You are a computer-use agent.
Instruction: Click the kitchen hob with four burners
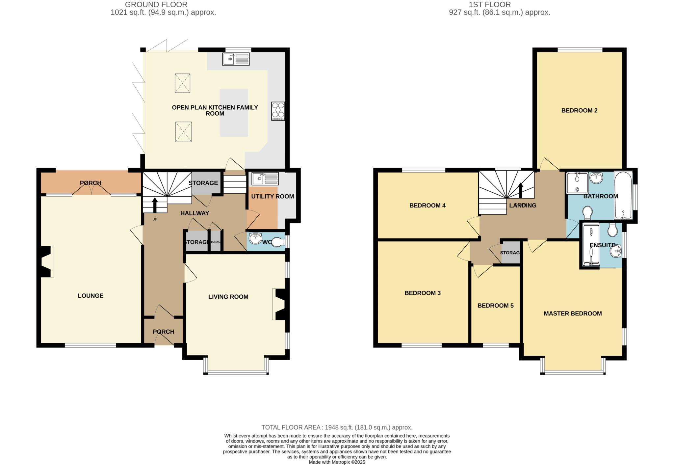tap(278, 111)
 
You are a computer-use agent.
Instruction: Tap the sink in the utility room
tap(265, 178)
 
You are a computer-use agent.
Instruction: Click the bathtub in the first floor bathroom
tap(623, 196)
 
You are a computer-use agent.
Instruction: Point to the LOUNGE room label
tap(91, 296)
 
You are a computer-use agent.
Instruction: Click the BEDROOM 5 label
tap(495, 306)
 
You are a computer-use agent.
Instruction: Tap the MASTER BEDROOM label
tap(572, 314)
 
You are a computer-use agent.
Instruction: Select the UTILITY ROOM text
tap(272, 197)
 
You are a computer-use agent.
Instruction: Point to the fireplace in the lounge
tap(47, 261)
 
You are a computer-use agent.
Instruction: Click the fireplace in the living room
tap(279, 304)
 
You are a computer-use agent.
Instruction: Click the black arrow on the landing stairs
tap(520, 190)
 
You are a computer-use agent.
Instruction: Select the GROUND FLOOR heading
tap(156, 5)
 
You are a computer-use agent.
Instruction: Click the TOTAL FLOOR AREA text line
tap(337, 427)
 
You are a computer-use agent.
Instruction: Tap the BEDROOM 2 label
tap(579, 111)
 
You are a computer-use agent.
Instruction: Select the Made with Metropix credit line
tap(337, 462)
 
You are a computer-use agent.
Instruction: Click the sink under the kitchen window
tap(236, 59)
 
